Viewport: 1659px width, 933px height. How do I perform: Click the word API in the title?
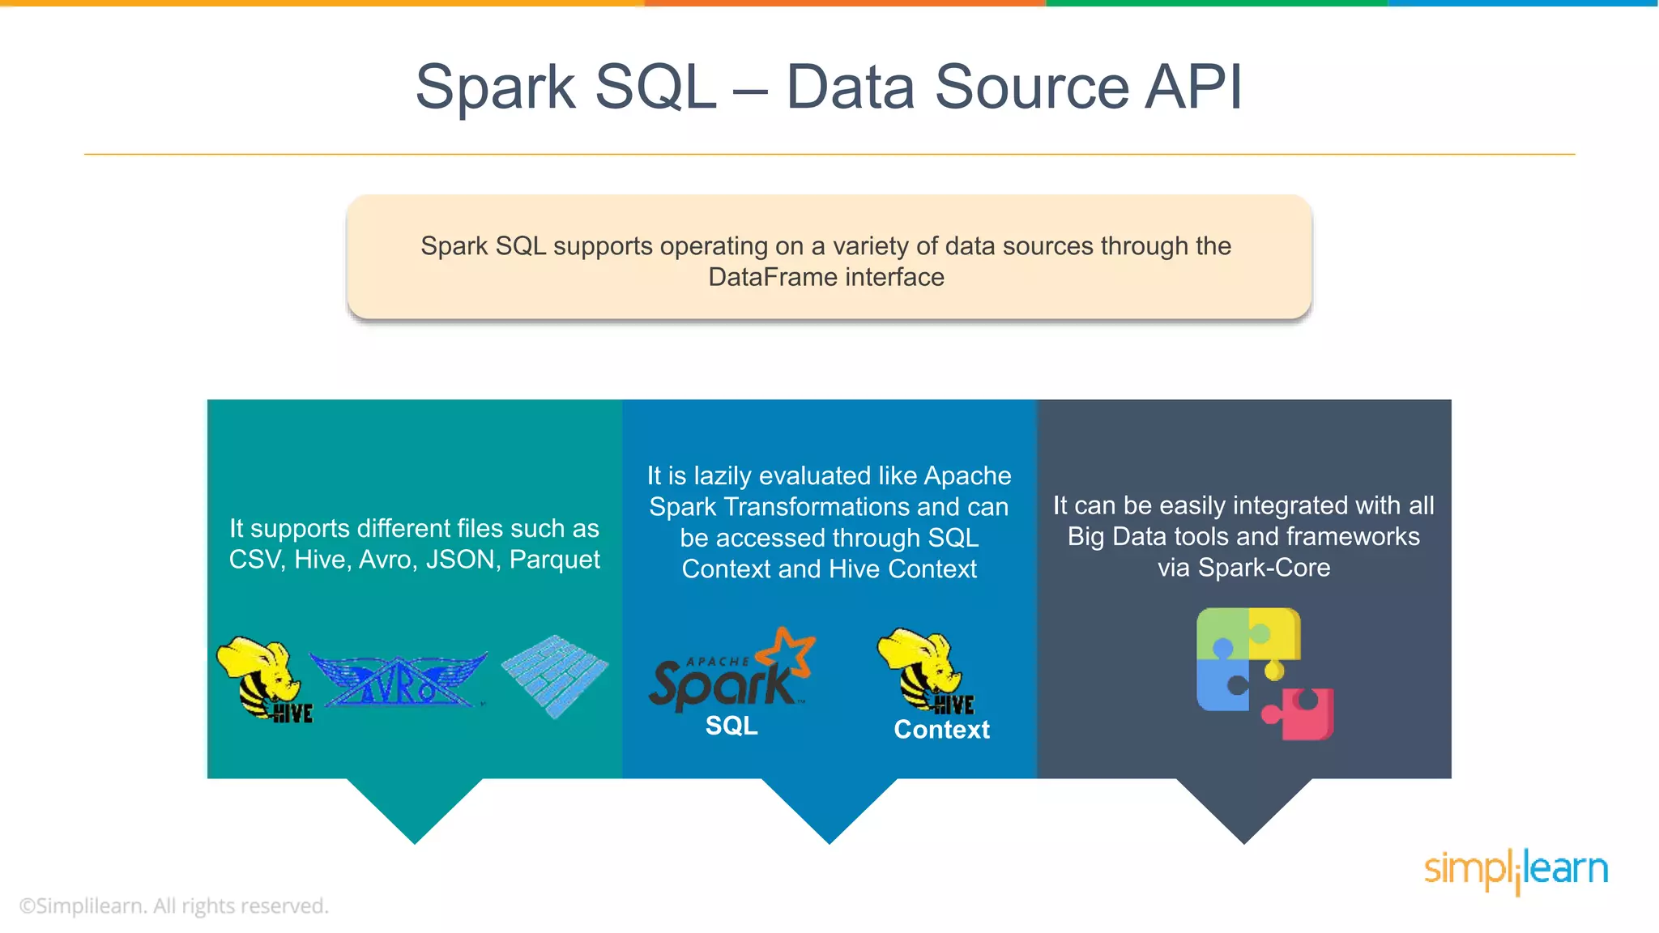pyautogui.click(x=1192, y=87)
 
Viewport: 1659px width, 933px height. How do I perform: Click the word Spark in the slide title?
pyautogui.click(x=495, y=88)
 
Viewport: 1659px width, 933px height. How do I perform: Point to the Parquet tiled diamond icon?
pyautogui.click(x=555, y=675)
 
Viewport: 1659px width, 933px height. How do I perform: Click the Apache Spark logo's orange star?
pyautogui.click(x=788, y=650)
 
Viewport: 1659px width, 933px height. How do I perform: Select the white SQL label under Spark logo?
pyautogui.click(x=731, y=726)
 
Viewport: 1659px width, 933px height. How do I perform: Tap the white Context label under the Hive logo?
pyautogui.click(x=941, y=730)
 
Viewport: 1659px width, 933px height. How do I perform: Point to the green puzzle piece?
pyautogui.click(x=1222, y=633)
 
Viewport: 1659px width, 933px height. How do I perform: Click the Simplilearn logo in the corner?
pyautogui.click(x=1516, y=870)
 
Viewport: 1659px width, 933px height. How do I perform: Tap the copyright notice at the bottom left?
pyautogui.click(x=173, y=905)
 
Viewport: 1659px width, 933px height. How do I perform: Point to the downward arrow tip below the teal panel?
pyautogui.click(x=415, y=838)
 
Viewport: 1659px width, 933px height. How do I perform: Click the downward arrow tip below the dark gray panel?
pyautogui.click(x=1244, y=838)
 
